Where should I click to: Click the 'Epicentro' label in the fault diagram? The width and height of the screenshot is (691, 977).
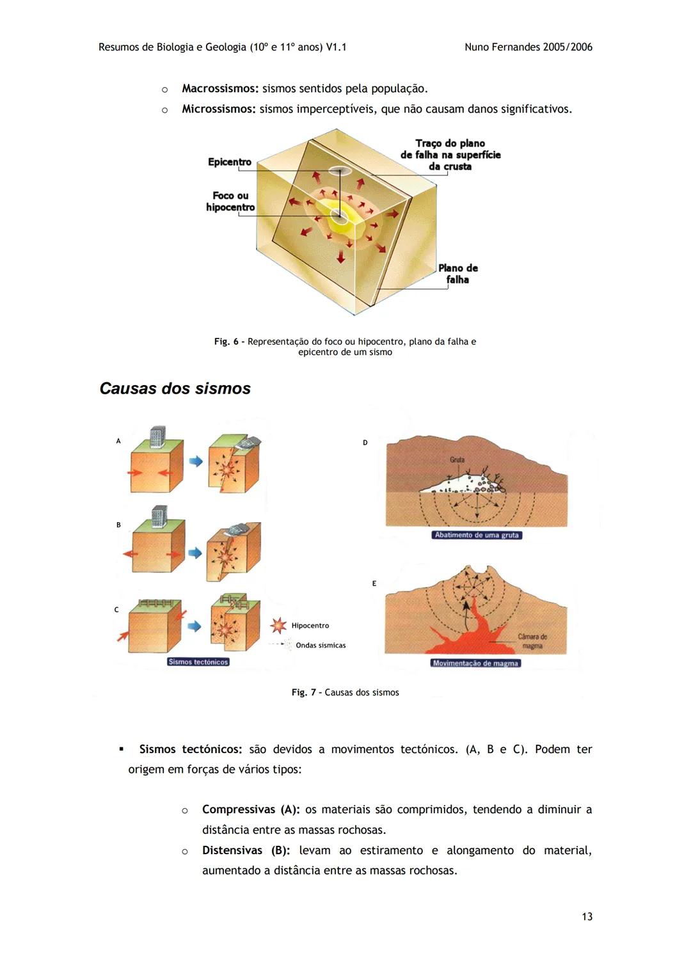tap(229, 162)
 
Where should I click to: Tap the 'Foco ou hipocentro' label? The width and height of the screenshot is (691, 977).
tap(230, 202)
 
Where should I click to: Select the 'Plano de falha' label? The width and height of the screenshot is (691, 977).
tap(457, 274)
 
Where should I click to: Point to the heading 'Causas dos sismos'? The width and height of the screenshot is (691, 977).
tap(175, 388)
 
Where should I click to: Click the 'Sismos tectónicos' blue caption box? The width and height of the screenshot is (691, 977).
tap(198, 662)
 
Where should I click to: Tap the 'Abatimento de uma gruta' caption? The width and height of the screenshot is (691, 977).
tap(477, 535)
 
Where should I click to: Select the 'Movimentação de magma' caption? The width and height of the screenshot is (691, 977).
tap(475, 663)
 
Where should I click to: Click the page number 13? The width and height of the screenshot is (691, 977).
tap(587, 917)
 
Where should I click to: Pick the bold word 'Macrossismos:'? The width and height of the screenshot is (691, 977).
tap(220, 88)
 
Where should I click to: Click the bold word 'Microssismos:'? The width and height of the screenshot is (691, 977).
tap(219, 109)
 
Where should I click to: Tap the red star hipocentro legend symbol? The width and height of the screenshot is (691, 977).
tap(278, 625)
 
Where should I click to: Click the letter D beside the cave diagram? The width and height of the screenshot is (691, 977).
tap(365, 443)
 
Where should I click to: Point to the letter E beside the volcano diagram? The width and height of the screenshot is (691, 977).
tap(374, 584)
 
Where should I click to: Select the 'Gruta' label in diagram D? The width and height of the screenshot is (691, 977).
tap(457, 460)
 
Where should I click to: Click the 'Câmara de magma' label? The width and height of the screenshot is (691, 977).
tap(532, 641)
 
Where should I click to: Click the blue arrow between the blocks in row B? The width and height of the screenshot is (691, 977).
tap(195, 552)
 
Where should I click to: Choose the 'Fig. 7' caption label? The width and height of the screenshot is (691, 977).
tap(304, 692)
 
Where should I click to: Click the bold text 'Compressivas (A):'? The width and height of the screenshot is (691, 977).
tap(251, 809)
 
